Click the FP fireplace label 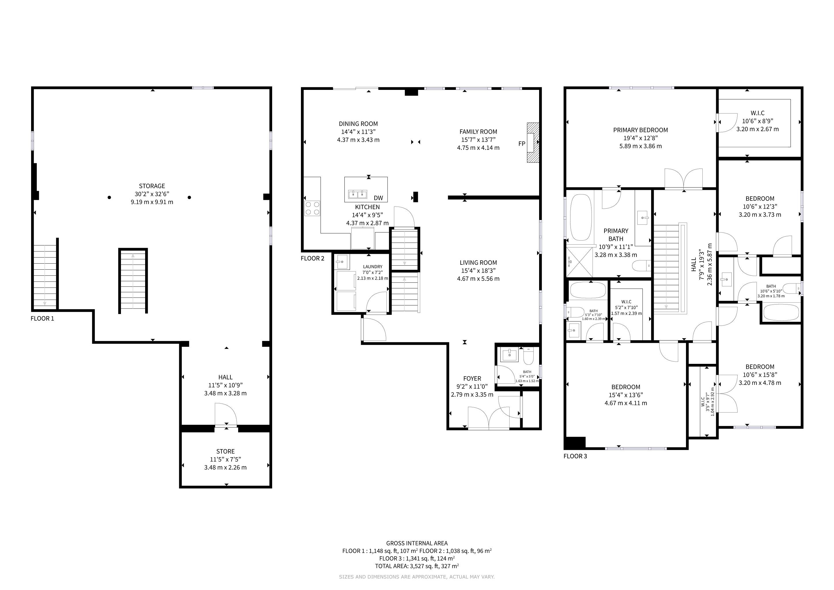tap(522, 143)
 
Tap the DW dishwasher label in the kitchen tap(378, 198)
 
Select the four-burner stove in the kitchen tap(312, 208)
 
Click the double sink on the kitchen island tap(357, 194)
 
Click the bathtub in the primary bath tap(581, 218)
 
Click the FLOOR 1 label tap(42, 319)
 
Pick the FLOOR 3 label tap(575, 456)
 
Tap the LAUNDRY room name tap(372, 267)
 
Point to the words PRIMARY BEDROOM tap(640, 130)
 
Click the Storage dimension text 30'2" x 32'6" tap(152, 194)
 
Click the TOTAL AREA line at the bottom tap(417, 566)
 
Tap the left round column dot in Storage tap(109, 197)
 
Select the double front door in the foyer tap(488, 419)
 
